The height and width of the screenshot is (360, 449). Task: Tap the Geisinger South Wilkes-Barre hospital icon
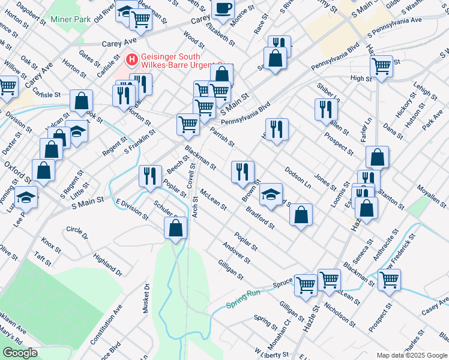click(x=131, y=60)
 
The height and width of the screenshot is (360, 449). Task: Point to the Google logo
click(x=19, y=353)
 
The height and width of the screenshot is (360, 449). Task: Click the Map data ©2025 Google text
click(x=411, y=355)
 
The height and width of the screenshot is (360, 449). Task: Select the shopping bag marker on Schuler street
click(x=175, y=227)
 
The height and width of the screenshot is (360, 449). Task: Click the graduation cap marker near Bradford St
click(x=271, y=194)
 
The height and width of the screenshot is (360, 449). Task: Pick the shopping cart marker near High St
click(x=381, y=65)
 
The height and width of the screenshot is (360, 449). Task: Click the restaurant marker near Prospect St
click(x=326, y=109)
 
